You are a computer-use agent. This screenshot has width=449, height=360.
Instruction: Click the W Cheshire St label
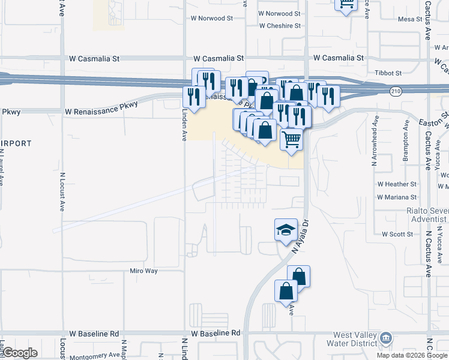coord(280,26)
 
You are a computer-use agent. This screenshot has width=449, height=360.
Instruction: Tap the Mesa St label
coord(410,19)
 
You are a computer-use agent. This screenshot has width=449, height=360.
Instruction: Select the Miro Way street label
coord(143,271)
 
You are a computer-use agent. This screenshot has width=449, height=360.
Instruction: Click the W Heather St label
coord(397,184)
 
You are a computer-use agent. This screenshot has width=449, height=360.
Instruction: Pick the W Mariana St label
coord(397,197)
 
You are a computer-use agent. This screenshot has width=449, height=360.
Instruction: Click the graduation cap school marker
coord(286,229)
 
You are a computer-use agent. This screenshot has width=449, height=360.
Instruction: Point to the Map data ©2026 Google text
coord(412,355)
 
